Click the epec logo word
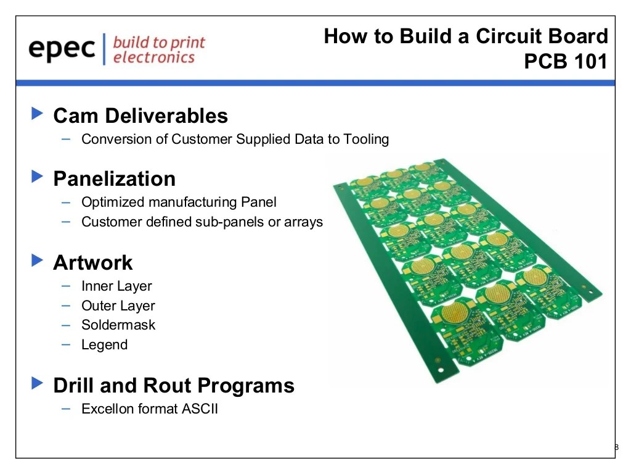(x=62, y=49)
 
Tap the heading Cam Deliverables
(x=140, y=115)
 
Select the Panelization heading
(x=114, y=178)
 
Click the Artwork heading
(x=92, y=262)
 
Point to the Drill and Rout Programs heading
(x=174, y=385)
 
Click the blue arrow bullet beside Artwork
(x=38, y=261)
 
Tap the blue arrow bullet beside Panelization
(x=38, y=177)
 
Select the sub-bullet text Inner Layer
(x=116, y=286)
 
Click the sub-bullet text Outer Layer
(x=118, y=306)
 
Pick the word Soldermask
(x=118, y=325)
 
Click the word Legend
(x=104, y=344)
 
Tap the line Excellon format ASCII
(x=150, y=409)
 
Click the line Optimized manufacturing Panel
(x=179, y=202)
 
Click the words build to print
(x=159, y=43)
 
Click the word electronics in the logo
(x=154, y=57)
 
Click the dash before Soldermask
(x=67, y=325)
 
